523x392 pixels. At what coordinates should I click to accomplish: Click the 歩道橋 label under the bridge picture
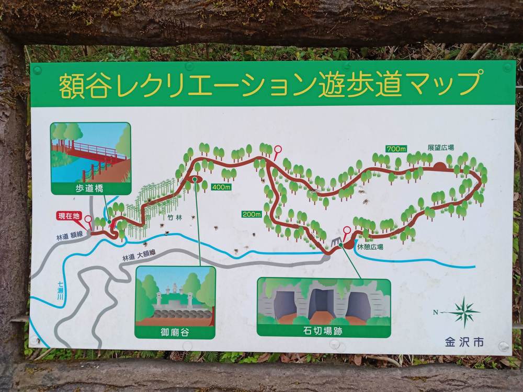coord(90,188)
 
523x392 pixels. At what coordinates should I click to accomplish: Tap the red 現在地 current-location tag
coord(69,215)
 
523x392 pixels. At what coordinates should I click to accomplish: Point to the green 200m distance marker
coord(251,214)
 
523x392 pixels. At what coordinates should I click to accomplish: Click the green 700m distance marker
coord(396,149)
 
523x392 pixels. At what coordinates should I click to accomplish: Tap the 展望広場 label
coord(440,148)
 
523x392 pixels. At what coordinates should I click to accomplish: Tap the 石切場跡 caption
coord(324,330)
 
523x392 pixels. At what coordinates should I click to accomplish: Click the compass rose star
coord(463,312)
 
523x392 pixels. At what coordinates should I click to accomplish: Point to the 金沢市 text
coord(464,342)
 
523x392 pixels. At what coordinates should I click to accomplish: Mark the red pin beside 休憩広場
coord(346,230)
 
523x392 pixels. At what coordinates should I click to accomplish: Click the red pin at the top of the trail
coord(277,149)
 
